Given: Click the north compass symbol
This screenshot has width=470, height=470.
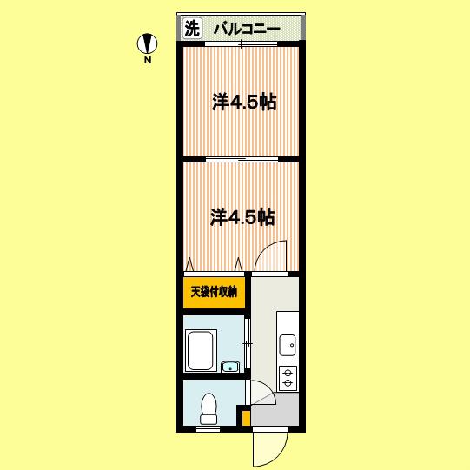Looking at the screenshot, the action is click(x=147, y=43).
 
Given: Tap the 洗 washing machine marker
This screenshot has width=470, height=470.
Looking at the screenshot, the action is click(x=192, y=29).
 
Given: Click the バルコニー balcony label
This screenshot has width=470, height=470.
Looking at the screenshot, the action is click(x=247, y=30).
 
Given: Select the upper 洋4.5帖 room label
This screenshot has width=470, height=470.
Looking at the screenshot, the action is click(x=244, y=102).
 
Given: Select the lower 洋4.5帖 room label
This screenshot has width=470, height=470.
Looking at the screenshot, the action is click(x=242, y=216).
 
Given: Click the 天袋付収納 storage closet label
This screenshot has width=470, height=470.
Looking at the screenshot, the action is click(x=214, y=291).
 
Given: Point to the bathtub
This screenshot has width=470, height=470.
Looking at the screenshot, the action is click(x=201, y=350).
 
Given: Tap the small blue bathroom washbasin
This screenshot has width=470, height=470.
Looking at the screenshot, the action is click(x=230, y=367).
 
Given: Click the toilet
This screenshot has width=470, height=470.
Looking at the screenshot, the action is click(x=209, y=408).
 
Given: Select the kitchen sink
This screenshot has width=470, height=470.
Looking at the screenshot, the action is click(x=288, y=345).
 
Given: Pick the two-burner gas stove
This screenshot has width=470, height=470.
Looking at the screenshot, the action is click(x=288, y=378).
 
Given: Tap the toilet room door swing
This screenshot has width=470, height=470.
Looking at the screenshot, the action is click(x=262, y=392).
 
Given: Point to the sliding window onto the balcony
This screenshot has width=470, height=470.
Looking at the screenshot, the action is click(x=242, y=44).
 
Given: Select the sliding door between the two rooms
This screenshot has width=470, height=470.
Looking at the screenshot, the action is click(x=242, y=160).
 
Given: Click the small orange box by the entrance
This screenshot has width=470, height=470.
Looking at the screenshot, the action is click(x=246, y=418).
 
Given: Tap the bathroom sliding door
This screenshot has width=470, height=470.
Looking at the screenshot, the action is click(x=248, y=343).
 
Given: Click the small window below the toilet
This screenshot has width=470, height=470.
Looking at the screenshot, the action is click(x=208, y=429).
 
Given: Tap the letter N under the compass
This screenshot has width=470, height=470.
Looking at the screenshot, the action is click(x=147, y=60).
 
